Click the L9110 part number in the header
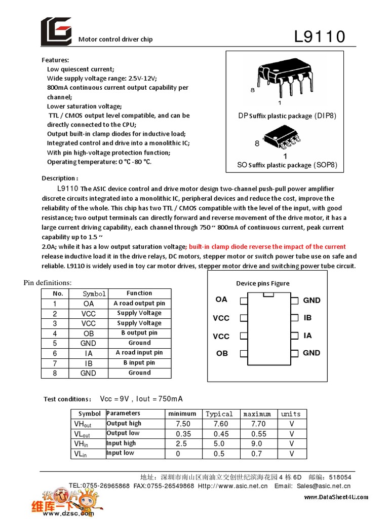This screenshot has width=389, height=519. (320, 36)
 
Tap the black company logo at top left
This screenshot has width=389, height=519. (56, 31)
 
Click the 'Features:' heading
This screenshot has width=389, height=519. (55, 60)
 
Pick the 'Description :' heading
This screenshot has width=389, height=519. (60, 178)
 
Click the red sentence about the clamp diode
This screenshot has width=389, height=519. (267, 247)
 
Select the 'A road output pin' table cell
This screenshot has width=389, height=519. (139, 303)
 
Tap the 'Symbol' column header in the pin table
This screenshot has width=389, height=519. (94, 293)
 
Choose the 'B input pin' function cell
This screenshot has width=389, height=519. (139, 363)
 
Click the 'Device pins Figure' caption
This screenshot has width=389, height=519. (263, 283)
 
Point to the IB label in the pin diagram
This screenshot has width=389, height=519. (307, 318)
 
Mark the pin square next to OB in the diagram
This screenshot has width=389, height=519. (244, 353)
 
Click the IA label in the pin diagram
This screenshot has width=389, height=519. (307, 336)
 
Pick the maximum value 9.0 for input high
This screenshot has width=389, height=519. (258, 443)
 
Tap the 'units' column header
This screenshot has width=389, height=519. (291, 414)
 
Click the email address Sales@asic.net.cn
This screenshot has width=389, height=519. (330, 486)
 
